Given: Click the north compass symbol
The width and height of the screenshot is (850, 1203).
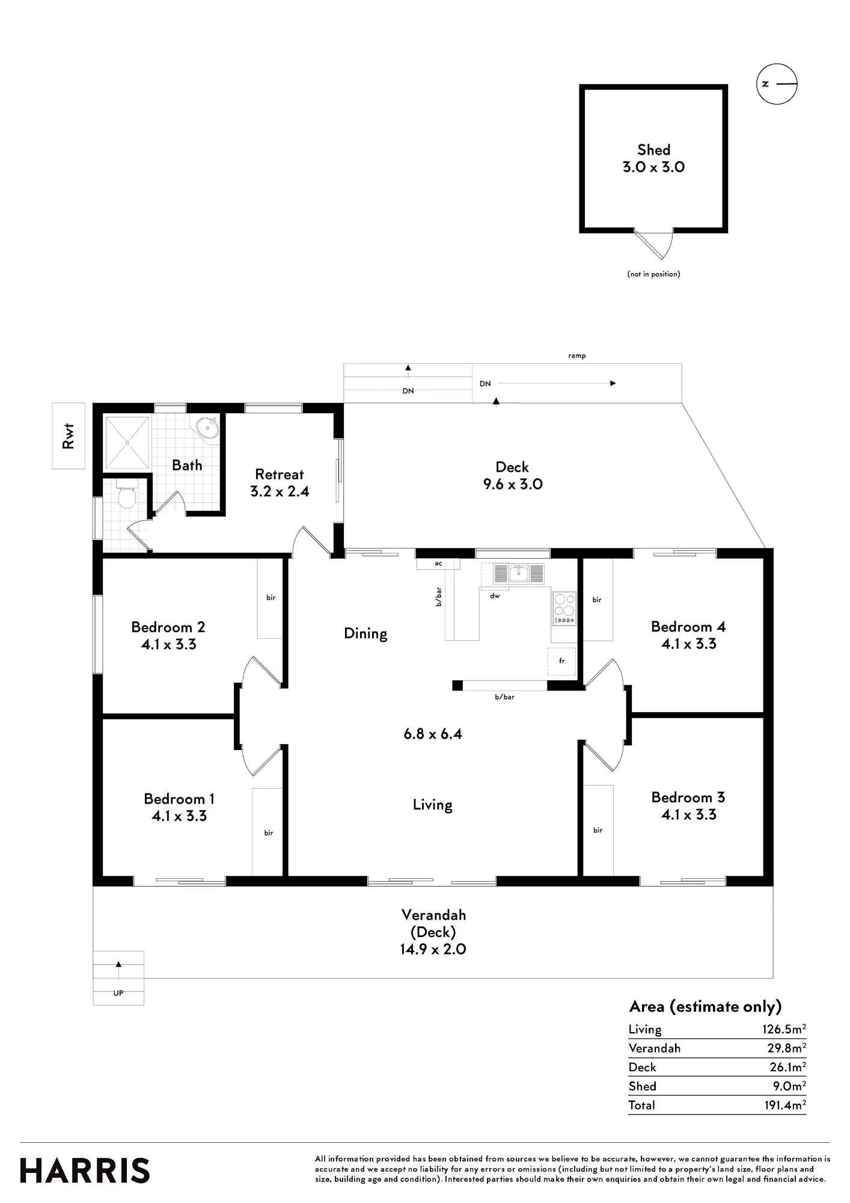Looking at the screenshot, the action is tap(777, 84).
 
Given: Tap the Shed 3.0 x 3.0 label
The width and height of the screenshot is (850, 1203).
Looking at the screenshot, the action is tap(653, 158).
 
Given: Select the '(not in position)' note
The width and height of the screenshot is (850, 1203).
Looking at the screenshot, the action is tap(653, 274).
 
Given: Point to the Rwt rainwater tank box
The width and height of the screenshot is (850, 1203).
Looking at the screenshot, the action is tap(69, 436).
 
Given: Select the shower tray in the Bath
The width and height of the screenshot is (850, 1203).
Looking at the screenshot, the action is tap(127, 443).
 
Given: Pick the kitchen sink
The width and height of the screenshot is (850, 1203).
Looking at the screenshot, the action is tap(518, 573).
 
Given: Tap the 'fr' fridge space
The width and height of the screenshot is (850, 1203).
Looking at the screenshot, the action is tap(562, 661).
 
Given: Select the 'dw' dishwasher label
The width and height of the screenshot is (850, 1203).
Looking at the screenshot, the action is tap(495, 595).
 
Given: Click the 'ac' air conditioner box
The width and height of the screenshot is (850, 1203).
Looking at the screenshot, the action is tap(438, 564).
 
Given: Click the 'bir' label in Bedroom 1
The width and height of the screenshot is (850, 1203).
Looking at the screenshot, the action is tap(269, 832).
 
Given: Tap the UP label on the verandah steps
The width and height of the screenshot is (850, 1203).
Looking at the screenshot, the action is tap(118, 993).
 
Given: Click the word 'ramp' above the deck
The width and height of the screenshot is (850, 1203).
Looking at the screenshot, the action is tap(577, 355).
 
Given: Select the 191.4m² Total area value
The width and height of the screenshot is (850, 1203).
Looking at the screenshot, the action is tap(785, 1104).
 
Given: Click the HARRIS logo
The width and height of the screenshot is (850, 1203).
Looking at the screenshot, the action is tap(85, 1171).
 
